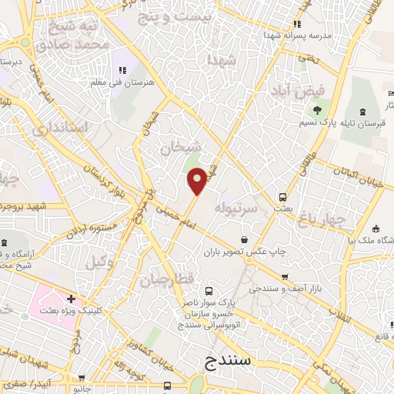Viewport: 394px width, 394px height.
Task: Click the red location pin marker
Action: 197,181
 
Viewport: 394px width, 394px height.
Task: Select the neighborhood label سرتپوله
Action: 233,208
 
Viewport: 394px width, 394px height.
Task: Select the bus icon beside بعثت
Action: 282,196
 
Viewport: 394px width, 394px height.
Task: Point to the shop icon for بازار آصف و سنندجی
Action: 285,277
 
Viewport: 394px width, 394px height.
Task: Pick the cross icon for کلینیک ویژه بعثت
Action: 71,299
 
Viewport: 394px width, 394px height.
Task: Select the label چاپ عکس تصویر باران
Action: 245,251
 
